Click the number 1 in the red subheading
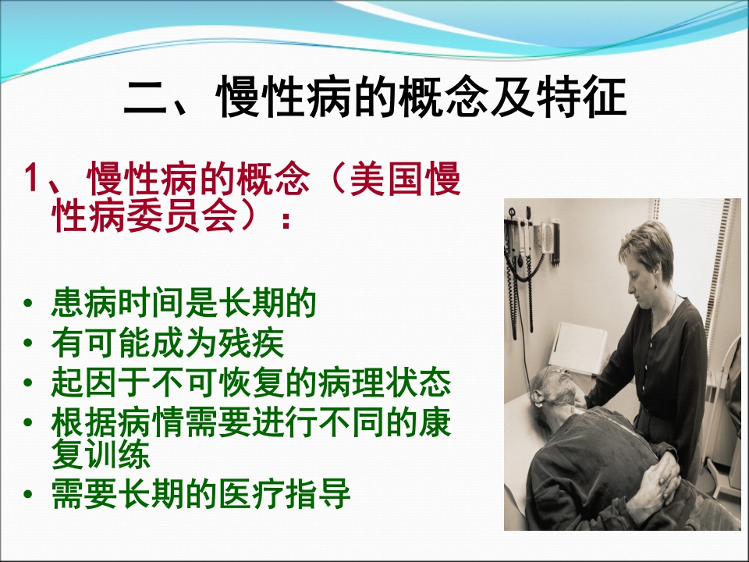(x=32, y=182)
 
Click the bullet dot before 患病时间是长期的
(x=29, y=304)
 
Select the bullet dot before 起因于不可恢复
(x=29, y=383)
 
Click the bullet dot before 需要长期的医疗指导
(x=29, y=495)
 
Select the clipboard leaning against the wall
(x=577, y=348)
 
